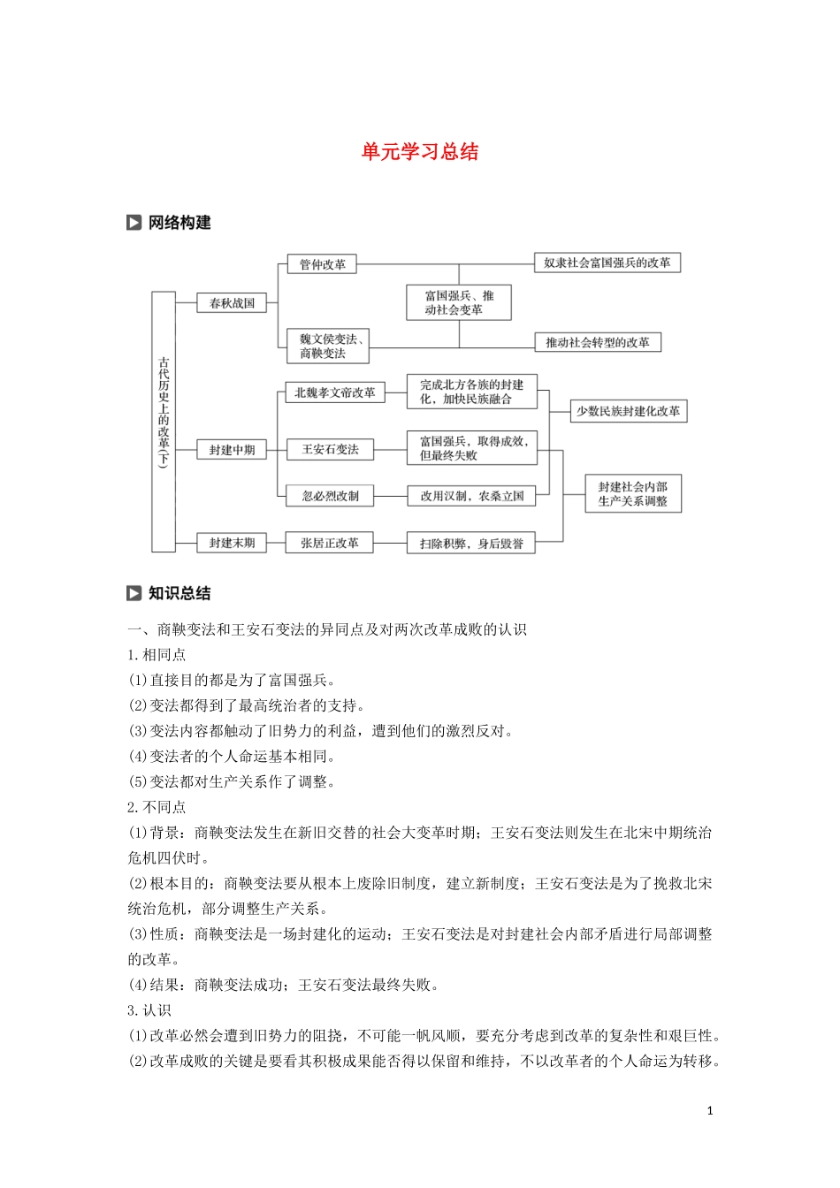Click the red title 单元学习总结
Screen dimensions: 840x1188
pos(420,151)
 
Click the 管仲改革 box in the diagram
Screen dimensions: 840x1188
pos(322,264)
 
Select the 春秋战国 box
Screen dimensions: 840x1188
pos(232,303)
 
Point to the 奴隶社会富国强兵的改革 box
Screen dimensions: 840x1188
pos(607,263)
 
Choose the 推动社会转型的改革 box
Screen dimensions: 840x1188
pos(598,342)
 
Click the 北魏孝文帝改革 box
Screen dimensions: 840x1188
pos(334,392)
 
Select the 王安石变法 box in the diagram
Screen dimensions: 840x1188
pos(330,449)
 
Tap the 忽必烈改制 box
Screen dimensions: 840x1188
pos(330,496)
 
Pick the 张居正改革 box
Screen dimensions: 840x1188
pos(329,543)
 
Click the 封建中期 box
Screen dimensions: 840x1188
pos(232,450)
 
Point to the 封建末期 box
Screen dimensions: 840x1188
pos(232,543)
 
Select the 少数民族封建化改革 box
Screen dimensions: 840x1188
pos(628,411)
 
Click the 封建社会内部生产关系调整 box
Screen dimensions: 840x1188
pos(633,493)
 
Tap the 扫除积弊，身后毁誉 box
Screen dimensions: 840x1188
pos(471,544)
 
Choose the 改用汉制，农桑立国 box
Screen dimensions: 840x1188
pos(471,496)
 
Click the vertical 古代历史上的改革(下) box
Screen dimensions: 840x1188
pos(164,422)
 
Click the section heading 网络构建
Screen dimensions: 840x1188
pos(179,223)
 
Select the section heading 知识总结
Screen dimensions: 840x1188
pos(179,593)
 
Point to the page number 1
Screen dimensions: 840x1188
pos(709,1111)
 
